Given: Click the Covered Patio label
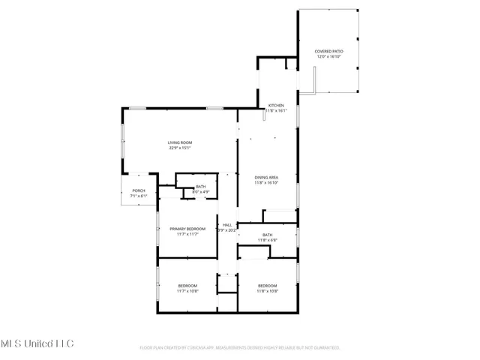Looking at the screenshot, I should point(328,52).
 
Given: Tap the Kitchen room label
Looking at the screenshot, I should point(276,105).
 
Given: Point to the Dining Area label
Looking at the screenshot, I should point(266,177).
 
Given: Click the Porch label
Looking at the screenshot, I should point(139,191).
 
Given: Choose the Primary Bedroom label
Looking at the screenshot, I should point(187,229).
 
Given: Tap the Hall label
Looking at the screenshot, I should point(226,225).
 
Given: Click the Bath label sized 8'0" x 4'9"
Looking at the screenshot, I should point(200,187).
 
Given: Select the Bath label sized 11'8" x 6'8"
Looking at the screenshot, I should point(267,235).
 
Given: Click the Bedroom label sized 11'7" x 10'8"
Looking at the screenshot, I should point(187,285).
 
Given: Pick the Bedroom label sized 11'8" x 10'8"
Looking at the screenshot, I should point(267,285).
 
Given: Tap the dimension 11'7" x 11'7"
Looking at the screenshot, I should point(187,234).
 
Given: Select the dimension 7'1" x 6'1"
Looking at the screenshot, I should point(139,196).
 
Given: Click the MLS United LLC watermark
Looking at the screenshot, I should point(37,343).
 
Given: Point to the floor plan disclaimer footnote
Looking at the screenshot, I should point(240,348).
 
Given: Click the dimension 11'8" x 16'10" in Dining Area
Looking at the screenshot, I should point(266,182).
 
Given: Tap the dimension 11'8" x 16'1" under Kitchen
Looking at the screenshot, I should point(276,110).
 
